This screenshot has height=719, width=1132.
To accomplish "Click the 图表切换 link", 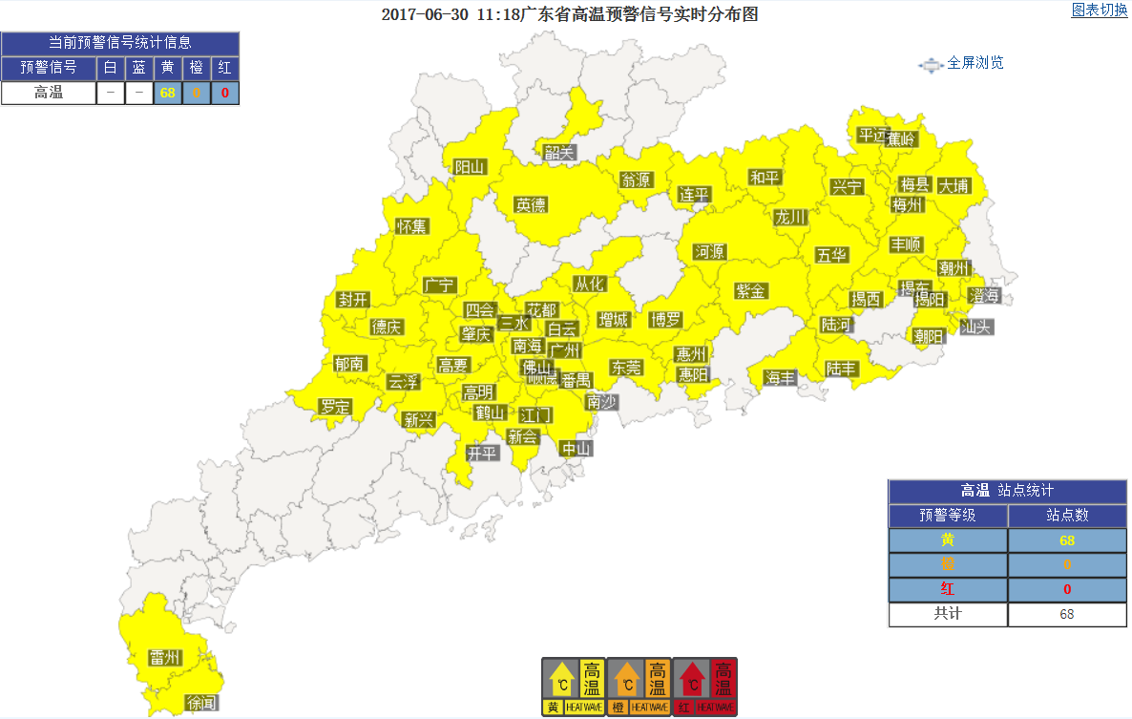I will [1100, 11].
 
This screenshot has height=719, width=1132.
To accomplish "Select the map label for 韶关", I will [560, 152].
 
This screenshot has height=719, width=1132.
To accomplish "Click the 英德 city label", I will [531, 204].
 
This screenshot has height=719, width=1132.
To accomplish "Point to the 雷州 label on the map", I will [165, 658].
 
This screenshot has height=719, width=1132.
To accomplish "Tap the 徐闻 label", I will [202, 703].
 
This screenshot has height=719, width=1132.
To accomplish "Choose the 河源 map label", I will [710, 252].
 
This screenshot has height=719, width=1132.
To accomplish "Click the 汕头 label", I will [975, 327].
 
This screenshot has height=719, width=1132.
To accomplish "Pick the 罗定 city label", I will [336, 407].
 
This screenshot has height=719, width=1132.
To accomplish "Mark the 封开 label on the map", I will [353, 300].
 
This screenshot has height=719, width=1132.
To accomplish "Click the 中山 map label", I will [576, 449].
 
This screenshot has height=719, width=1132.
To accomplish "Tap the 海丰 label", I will [780, 378].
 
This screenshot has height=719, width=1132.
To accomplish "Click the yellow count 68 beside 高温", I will [168, 93].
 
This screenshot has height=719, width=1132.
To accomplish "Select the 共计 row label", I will [948, 614].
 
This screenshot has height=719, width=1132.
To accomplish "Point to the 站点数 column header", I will [1067, 516].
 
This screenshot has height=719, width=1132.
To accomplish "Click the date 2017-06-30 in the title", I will [422, 15].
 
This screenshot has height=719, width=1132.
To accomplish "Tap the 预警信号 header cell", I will [49, 68].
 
